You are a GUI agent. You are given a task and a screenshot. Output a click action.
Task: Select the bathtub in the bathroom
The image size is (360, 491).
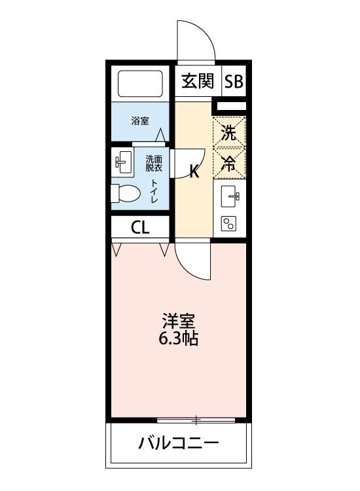[x=140, y=84]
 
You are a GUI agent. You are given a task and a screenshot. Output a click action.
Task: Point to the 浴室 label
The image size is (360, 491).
[x=139, y=121]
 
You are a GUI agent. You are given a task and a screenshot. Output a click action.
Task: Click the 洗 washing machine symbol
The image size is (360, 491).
[x=229, y=134]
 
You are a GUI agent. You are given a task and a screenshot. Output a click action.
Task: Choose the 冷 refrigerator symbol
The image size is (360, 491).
[x=229, y=164]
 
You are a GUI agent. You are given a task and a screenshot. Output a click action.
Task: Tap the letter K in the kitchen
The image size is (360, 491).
[x=194, y=173]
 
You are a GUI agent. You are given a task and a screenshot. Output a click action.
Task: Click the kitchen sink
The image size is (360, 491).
[x=230, y=196]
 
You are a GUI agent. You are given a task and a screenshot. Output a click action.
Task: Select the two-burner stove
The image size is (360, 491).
[x=230, y=224]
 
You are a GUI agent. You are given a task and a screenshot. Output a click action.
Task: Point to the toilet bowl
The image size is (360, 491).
[x=126, y=193]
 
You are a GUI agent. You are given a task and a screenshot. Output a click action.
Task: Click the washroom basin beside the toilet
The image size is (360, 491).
[x=123, y=162]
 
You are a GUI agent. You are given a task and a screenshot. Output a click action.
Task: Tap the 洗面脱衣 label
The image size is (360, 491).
[x=154, y=163]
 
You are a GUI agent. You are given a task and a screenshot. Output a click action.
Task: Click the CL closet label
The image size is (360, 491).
[x=140, y=227]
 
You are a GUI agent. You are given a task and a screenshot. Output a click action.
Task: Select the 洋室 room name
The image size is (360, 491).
[x=179, y=321]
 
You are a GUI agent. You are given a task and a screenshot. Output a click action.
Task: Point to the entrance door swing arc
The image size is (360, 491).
[x=196, y=39]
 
